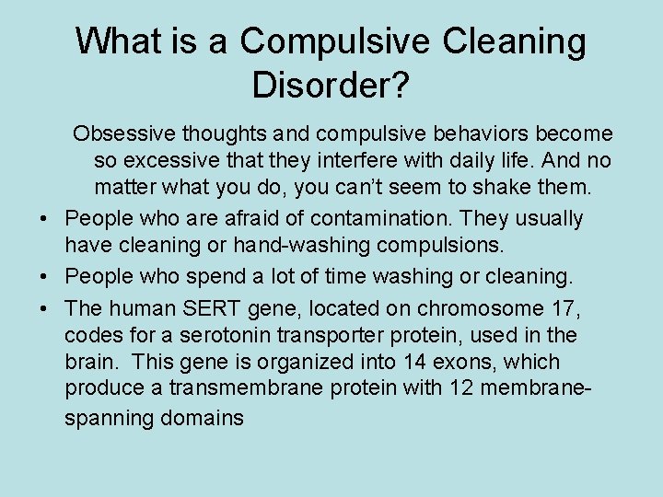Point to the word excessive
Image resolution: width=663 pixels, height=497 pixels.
coord(193,161)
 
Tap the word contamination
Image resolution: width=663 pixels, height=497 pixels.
coord(388,218)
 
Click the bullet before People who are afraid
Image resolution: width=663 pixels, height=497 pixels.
coord(43,219)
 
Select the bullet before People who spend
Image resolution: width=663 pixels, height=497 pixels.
coord(43,276)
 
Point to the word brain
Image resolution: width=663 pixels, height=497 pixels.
coord(89,362)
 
